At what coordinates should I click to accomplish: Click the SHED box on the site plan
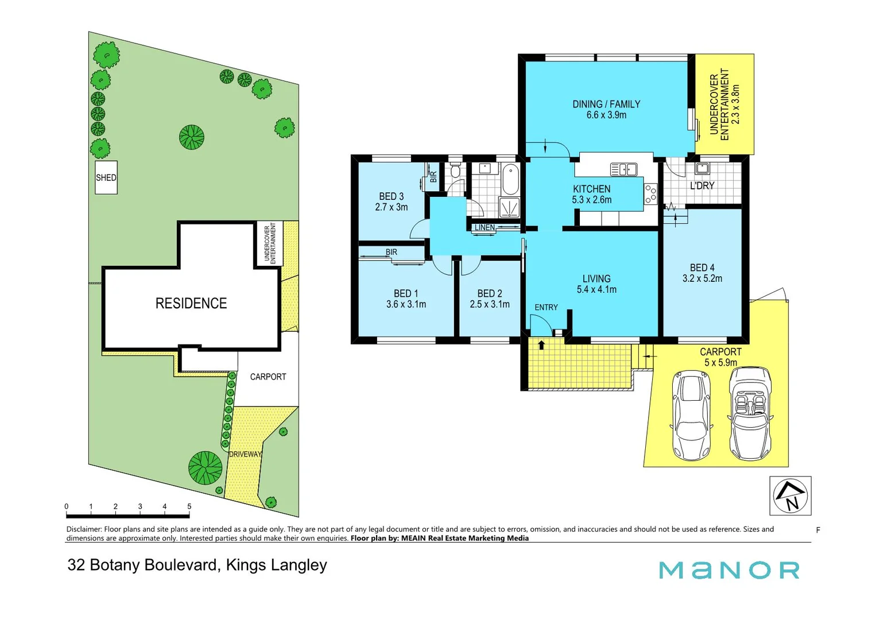coord(106,177)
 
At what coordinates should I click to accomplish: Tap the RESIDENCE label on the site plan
coord(191,303)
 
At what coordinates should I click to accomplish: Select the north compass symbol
coord(790,495)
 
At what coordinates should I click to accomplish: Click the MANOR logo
coord(729,570)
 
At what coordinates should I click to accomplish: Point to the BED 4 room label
coord(702,268)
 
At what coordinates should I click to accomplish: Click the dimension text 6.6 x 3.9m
coord(606,115)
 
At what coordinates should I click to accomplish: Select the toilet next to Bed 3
coord(456,170)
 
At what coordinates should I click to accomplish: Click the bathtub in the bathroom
coord(510,179)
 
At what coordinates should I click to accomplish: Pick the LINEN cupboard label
coord(484,228)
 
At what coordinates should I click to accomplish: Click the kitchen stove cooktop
coord(650,194)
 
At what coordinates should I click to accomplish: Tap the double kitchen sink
coord(623,169)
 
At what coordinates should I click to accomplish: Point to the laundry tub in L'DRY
coord(702,168)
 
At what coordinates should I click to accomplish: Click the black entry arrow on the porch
coord(541,345)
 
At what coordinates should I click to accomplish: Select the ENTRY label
coord(546,308)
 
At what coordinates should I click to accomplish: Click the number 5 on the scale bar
coord(189,506)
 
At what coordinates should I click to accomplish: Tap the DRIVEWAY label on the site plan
coord(245,454)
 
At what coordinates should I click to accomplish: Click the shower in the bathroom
coord(509,207)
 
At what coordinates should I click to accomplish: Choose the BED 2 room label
coord(490,293)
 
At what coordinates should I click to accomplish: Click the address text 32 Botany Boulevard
coord(143,565)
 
